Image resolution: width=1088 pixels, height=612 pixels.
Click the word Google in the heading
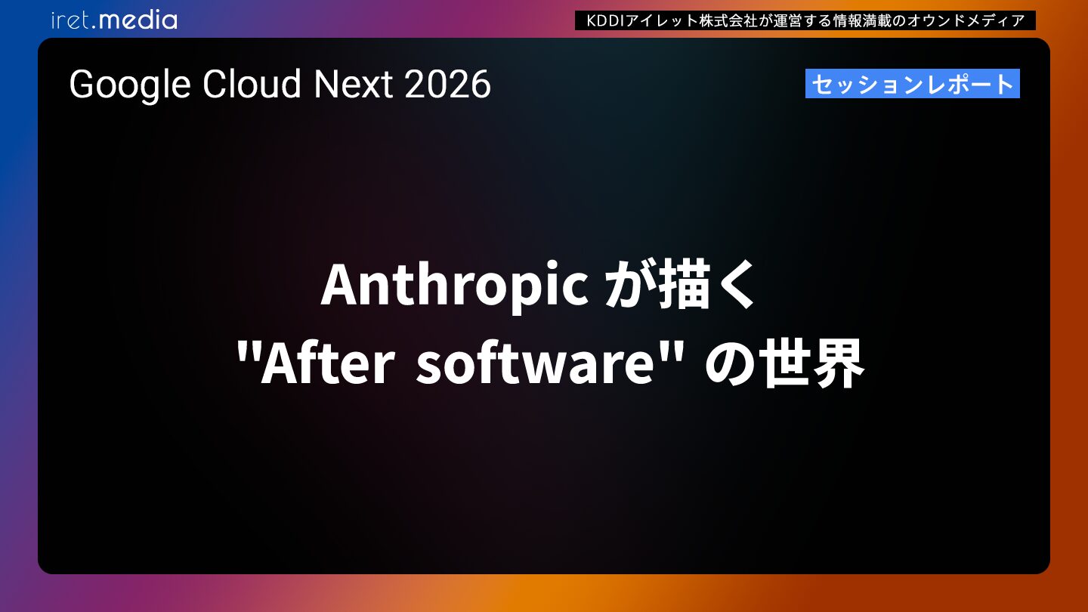(x=130, y=85)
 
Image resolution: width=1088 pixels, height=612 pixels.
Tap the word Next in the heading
(x=353, y=84)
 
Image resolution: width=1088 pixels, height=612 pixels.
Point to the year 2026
(x=447, y=84)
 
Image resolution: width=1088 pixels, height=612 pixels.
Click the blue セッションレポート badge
(x=912, y=84)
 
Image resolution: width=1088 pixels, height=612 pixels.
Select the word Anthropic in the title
(x=455, y=286)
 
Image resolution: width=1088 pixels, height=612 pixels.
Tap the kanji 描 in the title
(x=684, y=283)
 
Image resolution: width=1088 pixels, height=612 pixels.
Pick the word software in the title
(x=535, y=363)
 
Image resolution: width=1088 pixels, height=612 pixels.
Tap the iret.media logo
(x=114, y=20)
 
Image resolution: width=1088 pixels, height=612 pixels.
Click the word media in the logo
(x=138, y=20)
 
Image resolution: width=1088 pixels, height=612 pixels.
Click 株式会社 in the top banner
(x=728, y=21)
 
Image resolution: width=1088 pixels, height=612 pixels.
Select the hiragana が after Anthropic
(x=629, y=285)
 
